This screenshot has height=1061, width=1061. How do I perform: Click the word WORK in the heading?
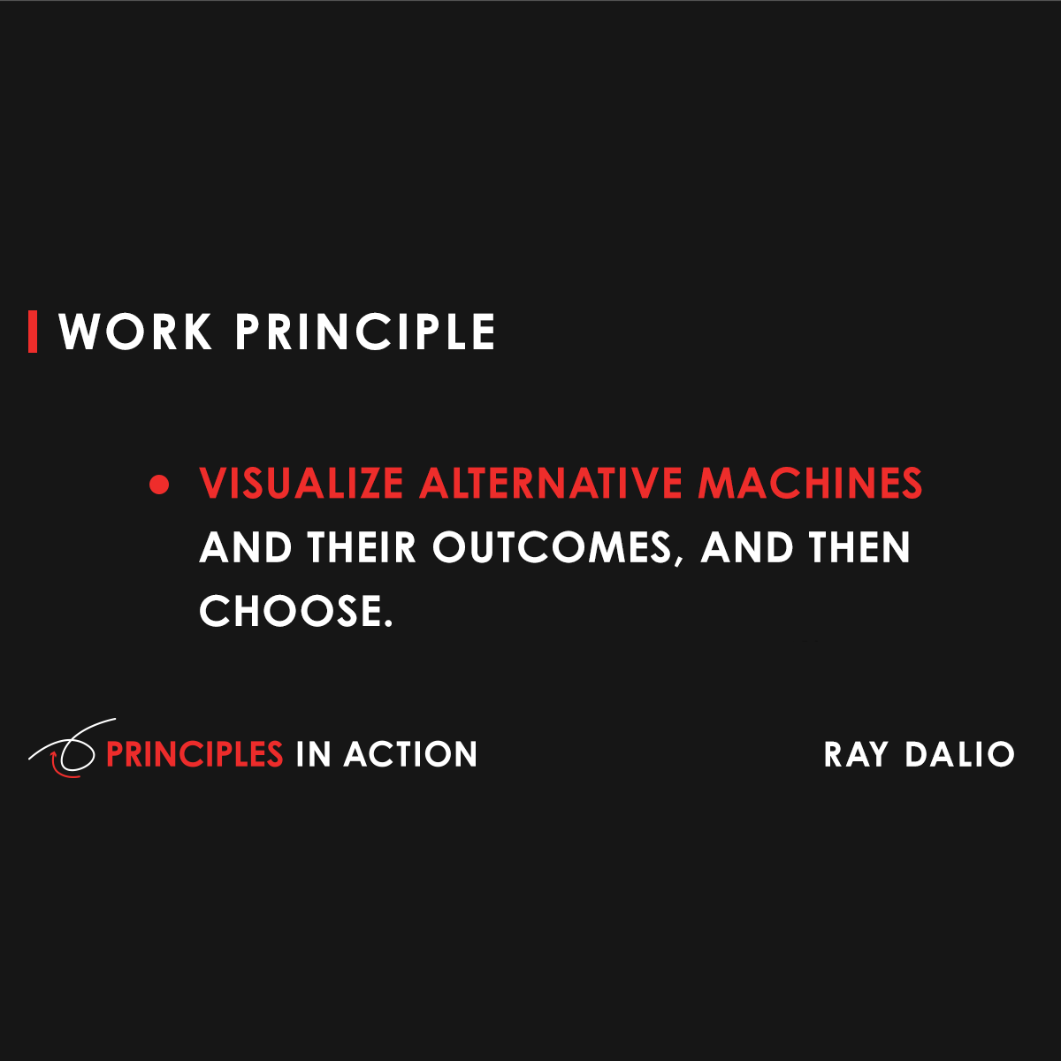coord(135,332)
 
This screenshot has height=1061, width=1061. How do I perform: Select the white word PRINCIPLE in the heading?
coord(365,332)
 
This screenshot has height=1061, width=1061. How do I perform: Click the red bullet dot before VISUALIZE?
coord(159,485)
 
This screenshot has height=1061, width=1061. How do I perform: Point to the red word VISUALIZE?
coord(302,484)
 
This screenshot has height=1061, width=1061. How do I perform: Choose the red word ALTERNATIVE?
coord(551,484)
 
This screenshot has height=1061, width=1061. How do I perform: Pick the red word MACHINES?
coord(810,484)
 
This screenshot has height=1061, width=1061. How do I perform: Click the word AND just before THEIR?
coord(246,547)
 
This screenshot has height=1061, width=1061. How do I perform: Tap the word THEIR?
coord(362,547)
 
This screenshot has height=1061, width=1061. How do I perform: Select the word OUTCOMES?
coord(553,547)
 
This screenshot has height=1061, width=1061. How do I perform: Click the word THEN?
coord(859,547)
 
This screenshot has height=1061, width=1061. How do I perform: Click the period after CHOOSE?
coord(388,623)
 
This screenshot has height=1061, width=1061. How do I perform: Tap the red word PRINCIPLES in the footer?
coord(195,754)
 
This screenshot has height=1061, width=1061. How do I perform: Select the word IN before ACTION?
coord(313,754)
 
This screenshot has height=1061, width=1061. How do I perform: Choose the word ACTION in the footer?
coord(410,754)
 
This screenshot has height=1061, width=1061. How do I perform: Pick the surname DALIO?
coord(959,754)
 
